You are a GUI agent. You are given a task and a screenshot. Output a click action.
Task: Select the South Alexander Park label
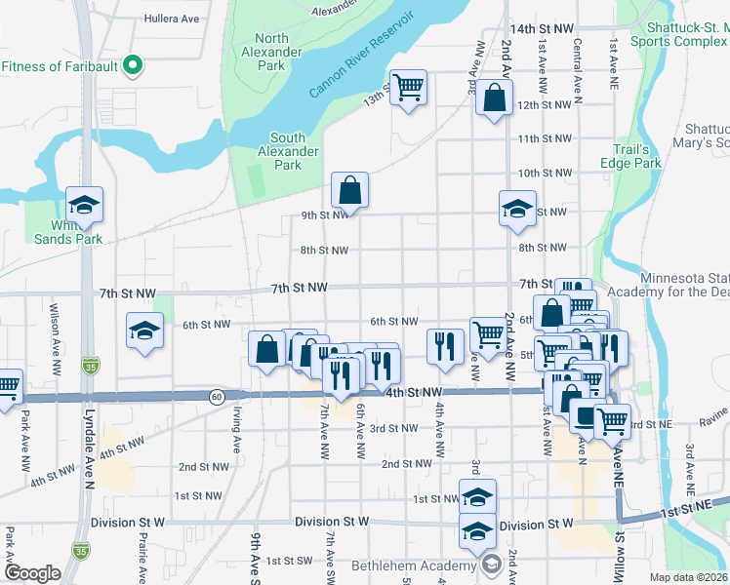[x=288, y=151]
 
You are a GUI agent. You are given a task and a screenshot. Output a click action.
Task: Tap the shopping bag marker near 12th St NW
[x=495, y=98]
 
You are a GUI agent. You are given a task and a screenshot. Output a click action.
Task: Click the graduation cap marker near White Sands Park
[x=85, y=206]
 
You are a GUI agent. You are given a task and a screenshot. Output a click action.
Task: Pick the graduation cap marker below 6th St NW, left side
[x=144, y=331]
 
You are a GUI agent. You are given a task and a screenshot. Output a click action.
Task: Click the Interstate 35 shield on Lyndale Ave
[x=91, y=364]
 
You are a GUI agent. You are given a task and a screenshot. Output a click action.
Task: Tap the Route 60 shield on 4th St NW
[x=217, y=396]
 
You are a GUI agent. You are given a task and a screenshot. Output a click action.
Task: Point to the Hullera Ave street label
[x=171, y=18]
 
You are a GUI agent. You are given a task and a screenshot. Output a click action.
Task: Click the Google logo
[x=33, y=573]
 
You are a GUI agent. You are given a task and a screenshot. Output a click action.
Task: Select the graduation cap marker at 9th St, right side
[x=517, y=207]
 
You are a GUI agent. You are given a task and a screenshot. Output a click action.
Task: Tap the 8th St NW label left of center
[x=324, y=251]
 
